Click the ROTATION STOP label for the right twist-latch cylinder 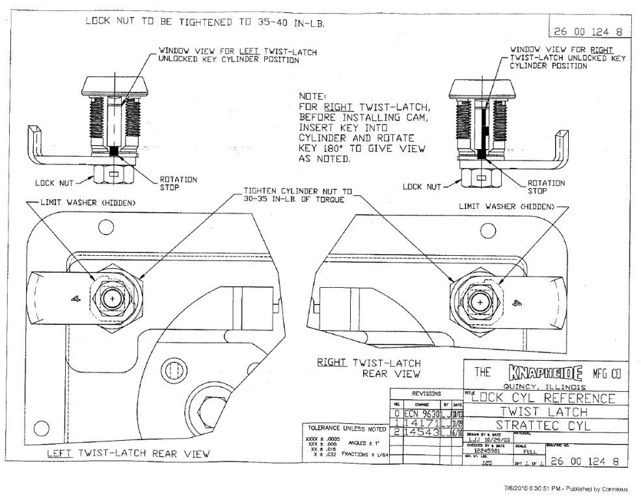click(545, 187)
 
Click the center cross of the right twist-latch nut click(480, 303)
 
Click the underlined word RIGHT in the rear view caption click(333, 363)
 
